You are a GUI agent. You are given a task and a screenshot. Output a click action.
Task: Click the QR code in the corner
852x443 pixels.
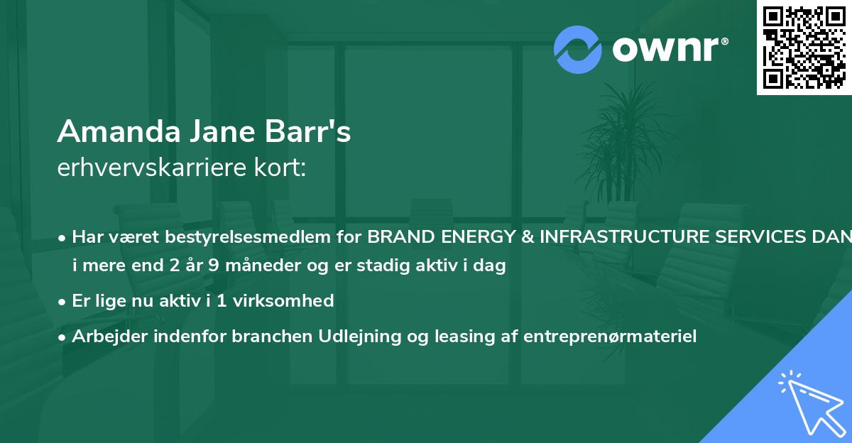coord(804,48)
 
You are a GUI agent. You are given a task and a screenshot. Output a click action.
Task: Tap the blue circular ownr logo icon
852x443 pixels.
coord(577,49)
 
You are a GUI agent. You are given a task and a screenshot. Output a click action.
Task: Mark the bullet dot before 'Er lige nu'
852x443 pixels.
coord(63,301)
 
